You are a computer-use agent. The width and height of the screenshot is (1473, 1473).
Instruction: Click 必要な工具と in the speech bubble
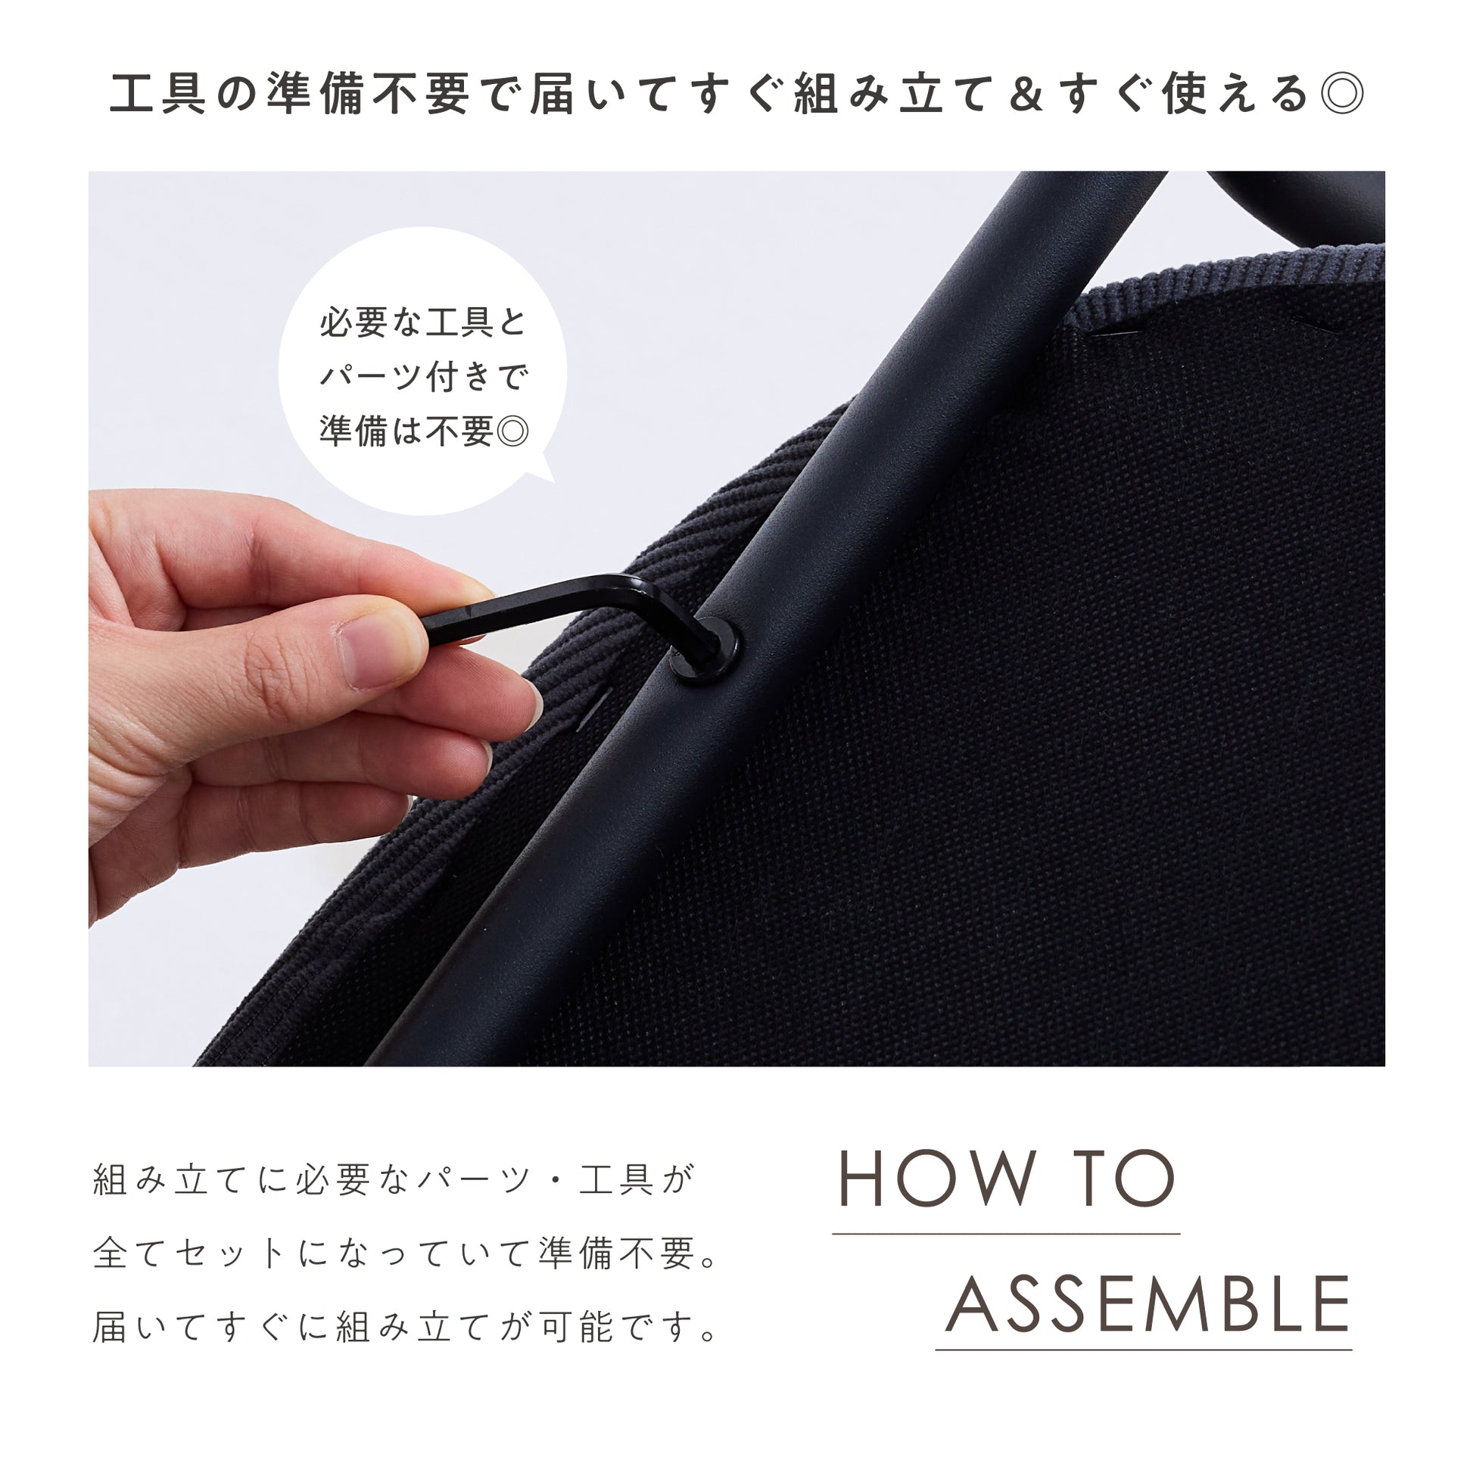tap(423, 322)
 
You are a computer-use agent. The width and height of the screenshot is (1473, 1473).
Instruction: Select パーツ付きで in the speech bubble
tap(423, 377)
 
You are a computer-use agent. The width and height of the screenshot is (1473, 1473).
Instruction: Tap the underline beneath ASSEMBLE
tap(1144, 1350)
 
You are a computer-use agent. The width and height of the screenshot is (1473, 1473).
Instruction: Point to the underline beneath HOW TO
tap(1007, 1234)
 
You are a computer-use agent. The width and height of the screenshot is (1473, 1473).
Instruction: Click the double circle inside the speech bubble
tap(512, 431)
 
